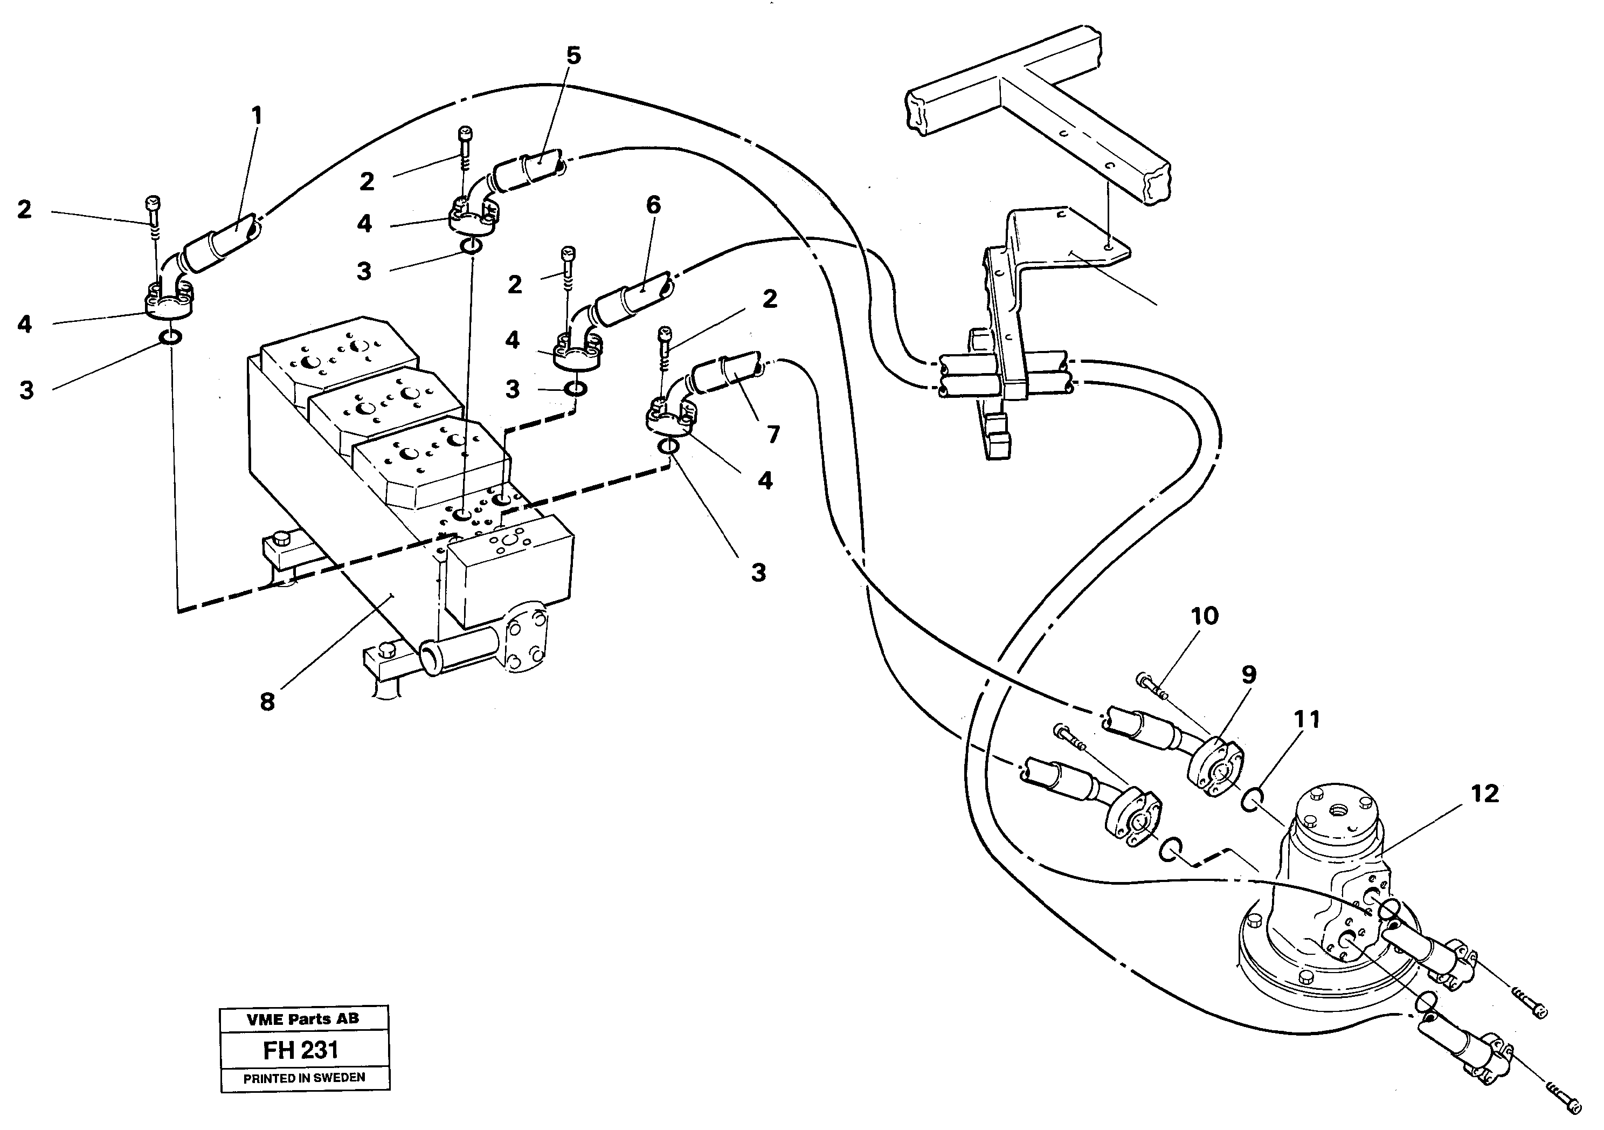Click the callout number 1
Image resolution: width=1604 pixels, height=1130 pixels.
click(x=257, y=116)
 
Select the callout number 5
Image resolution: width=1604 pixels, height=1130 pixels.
click(x=573, y=56)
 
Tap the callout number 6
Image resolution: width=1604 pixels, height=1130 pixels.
click(x=653, y=205)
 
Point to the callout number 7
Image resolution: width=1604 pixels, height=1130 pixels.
click(x=773, y=435)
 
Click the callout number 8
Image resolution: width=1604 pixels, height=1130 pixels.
click(x=267, y=701)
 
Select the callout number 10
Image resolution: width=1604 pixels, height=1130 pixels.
click(x=1205, y=616)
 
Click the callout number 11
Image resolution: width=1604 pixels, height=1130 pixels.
click(x=1306, y=720)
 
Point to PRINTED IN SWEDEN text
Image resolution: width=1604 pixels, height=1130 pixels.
click(x=304, y=1078)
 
